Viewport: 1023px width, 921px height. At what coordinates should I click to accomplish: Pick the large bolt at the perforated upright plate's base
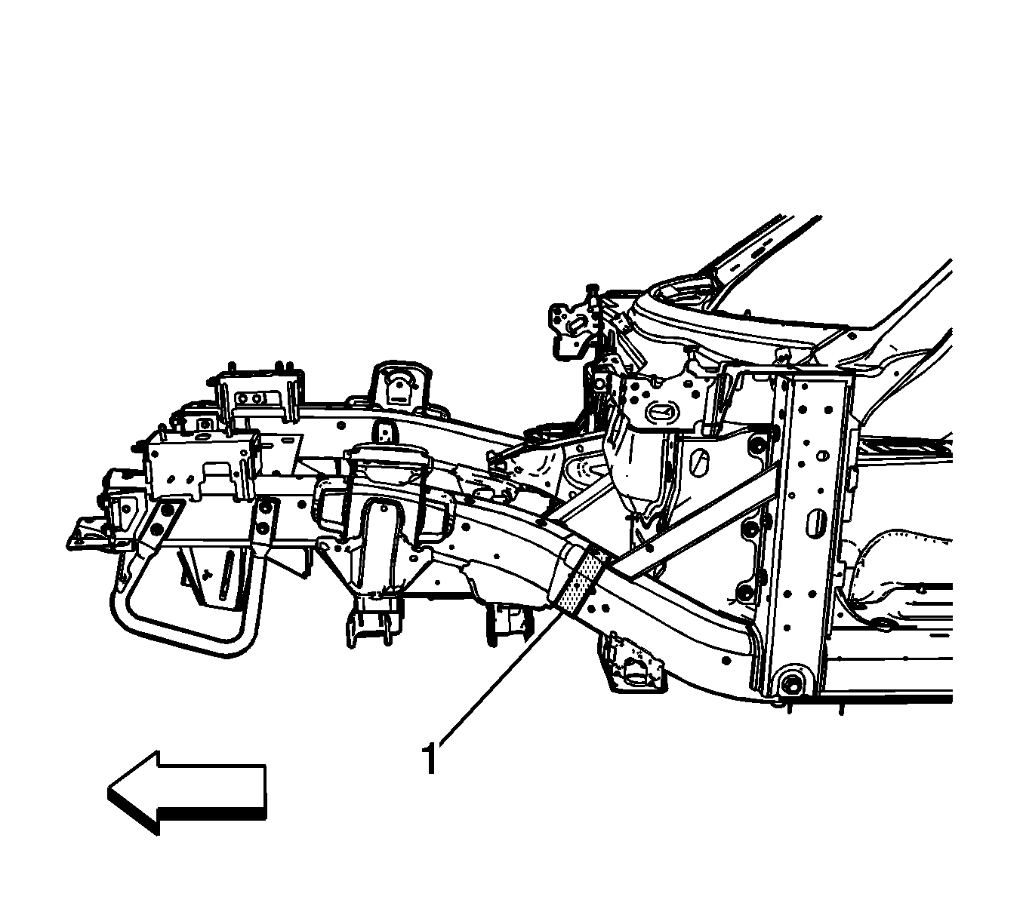790,686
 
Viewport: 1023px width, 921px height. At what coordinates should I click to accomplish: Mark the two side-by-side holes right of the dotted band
597,608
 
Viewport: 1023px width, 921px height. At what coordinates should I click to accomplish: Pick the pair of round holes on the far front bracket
251,398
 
